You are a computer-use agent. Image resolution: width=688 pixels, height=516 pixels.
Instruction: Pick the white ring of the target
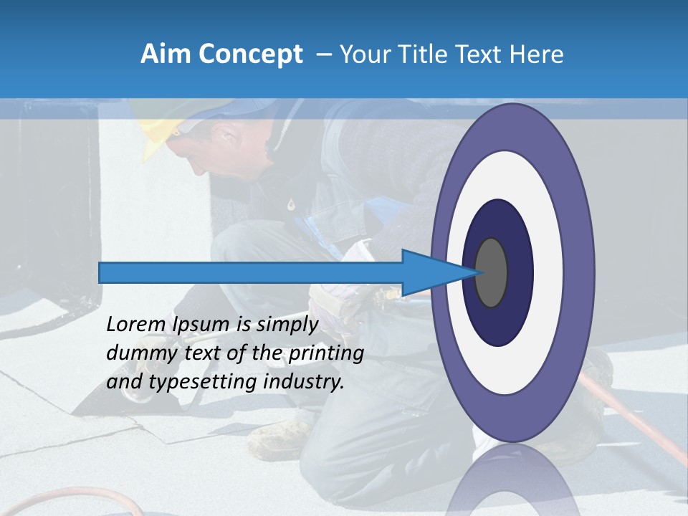[x=548, y=272]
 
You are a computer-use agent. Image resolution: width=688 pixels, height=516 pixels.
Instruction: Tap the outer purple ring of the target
[x=579, y=272]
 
